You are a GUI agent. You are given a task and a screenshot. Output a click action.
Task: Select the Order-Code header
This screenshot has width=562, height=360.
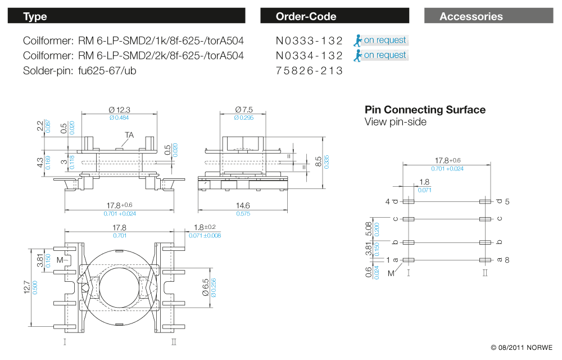[x=334, y=16]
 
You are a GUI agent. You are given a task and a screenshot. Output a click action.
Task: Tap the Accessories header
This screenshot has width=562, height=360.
[x=489, y=16]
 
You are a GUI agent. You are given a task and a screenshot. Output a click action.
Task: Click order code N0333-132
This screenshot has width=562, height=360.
[x=309, y=40]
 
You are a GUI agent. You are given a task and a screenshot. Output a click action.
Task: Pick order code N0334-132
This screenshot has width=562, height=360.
[x=309, y=56]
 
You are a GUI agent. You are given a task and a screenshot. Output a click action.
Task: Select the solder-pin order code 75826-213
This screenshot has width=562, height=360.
[x=309, y=71]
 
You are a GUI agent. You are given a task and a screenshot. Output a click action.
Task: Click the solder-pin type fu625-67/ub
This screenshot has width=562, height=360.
[x=107, y=71]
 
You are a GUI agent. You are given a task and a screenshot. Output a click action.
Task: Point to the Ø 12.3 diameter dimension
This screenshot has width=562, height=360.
[x=119, y=109]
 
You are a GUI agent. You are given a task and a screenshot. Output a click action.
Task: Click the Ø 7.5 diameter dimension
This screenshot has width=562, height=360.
[x=244, y=109]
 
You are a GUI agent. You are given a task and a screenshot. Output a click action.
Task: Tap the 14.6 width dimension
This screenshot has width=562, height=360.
[x=243, y=206]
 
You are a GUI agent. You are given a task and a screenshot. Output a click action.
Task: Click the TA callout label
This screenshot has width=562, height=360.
[x=129, y=135]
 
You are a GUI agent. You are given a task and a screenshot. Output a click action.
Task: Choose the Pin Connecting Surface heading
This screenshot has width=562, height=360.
[x=425, y=110]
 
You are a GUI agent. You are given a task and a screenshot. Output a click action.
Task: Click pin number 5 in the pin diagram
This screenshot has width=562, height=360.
[x=507, y=201]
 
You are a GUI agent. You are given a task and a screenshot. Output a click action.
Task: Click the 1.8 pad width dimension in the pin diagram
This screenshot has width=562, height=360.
[x=424, y=182]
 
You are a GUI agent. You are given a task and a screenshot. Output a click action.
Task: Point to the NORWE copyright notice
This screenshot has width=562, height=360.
[x=522, y=348]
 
